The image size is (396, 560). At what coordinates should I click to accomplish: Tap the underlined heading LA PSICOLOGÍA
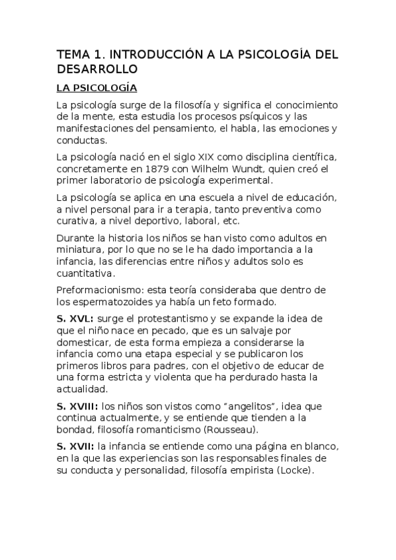tap(97, 88)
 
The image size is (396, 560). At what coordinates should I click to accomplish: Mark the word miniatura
tap(80, 250)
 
